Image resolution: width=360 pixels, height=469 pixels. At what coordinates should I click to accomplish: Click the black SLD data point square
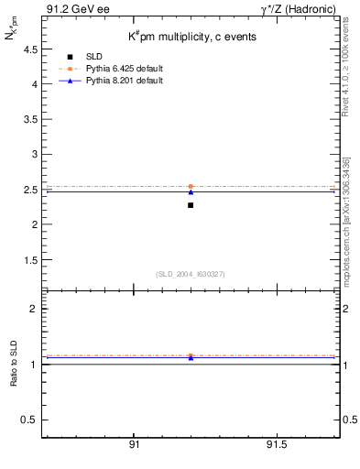pos(191,205)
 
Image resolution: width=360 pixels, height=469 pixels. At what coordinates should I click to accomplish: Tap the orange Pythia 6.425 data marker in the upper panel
pos(191,186)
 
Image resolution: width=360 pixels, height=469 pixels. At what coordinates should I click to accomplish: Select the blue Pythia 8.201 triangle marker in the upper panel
pos(191,191)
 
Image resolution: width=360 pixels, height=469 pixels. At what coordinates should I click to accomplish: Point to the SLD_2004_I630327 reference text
pos(190,274)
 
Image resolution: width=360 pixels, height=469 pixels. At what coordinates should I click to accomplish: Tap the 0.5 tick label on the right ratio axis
pos(348,420)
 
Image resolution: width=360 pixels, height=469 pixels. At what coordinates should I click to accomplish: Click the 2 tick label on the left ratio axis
pos(33,309)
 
